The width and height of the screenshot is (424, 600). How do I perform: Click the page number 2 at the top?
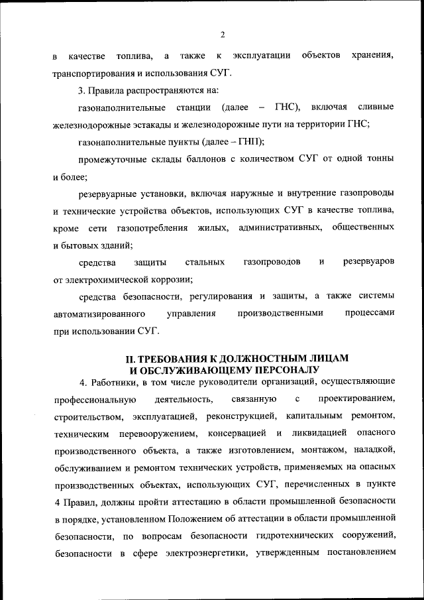(x=223, y=34)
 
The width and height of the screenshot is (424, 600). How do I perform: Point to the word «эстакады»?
(x=154, y=124)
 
